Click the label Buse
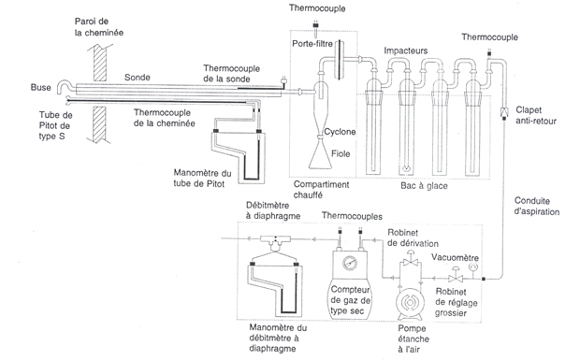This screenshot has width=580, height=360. tap(40, 88)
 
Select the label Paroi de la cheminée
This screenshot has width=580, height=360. tap(99, 27)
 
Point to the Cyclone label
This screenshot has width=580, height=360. tap(340, 132)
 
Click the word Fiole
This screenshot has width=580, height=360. tap(341, 153)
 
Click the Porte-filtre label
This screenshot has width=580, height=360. tap(312, 44)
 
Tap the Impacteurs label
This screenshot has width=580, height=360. tap(405, 50)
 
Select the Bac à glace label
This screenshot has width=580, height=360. tap(424, 186)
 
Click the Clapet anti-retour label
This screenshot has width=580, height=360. tap(536, 115)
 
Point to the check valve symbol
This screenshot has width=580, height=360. tap(504, 112)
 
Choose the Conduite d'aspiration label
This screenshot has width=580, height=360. tap(537, 207)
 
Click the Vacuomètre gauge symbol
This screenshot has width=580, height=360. tap(473, 267)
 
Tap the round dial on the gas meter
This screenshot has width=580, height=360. tap(350, 263)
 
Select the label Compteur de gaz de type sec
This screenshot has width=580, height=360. tap(350, 300)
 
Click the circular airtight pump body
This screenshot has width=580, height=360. tap(410, 303)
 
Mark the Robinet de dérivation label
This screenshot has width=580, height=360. tap(413, 238)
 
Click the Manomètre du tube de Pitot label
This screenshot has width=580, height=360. tap(202, 179)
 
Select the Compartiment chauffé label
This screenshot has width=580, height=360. tap(321, 190)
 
